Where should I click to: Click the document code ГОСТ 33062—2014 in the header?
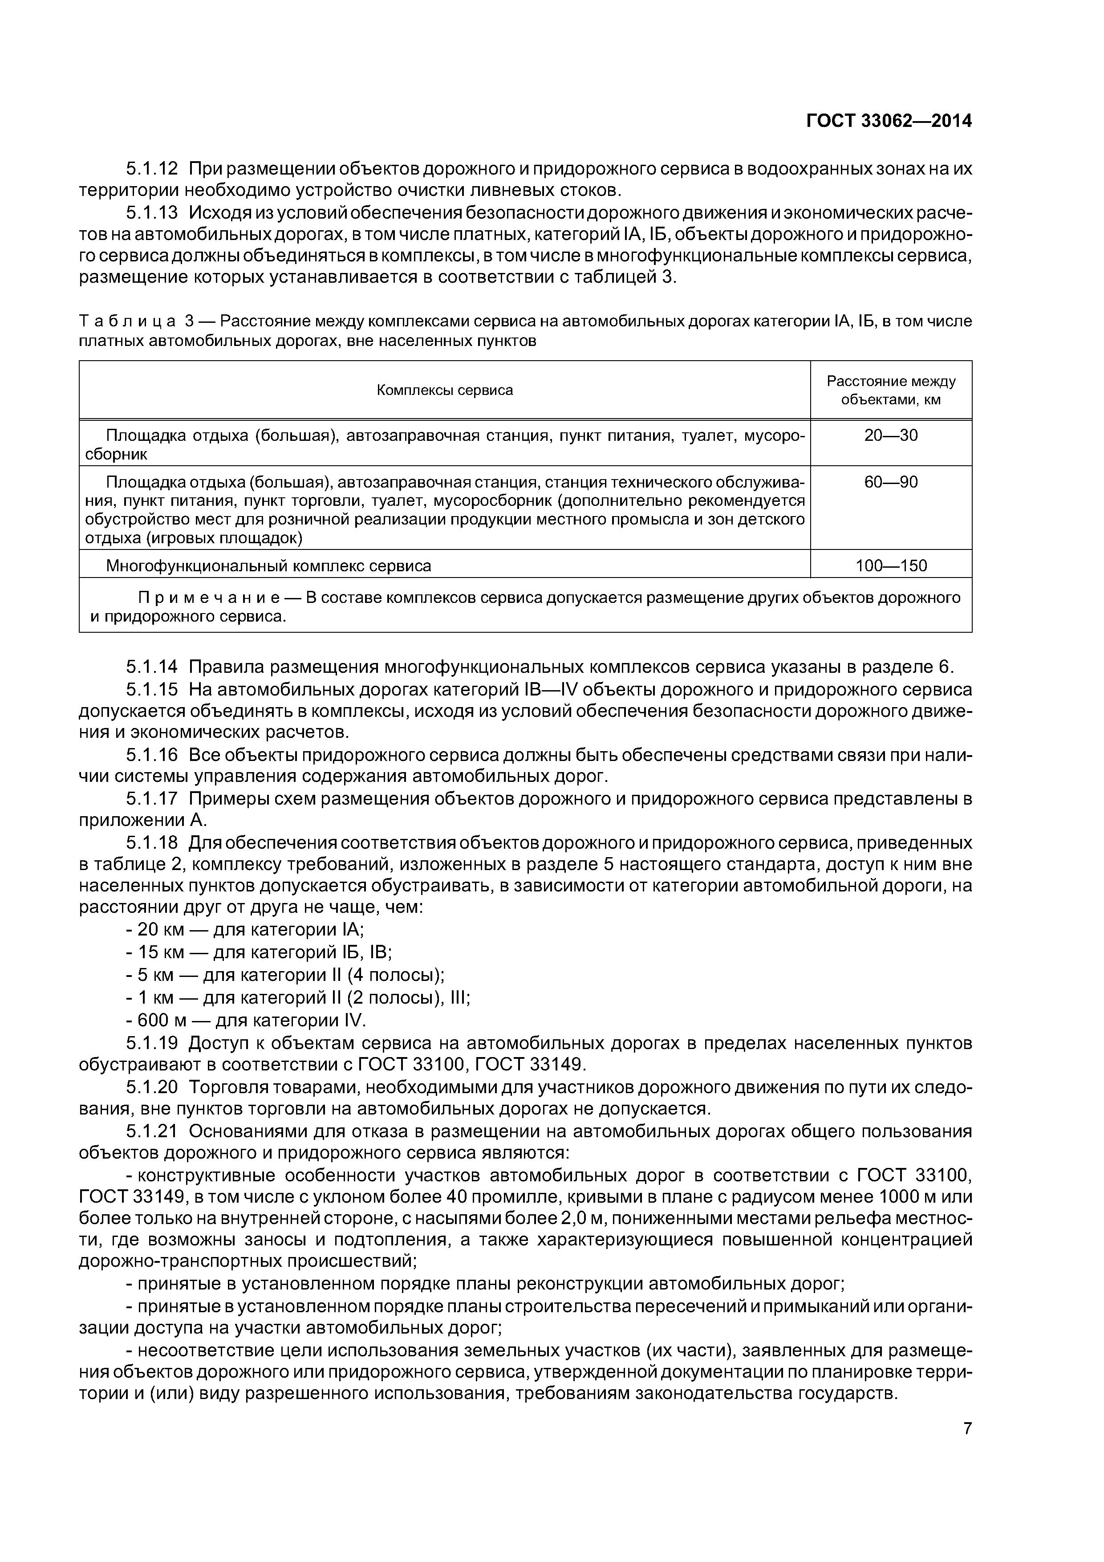click(x=889, y=121)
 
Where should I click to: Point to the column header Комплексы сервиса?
click(x=445, y=390)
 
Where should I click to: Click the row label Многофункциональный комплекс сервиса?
click(x=269, y=566)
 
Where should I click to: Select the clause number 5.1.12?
click(x=152, y=169)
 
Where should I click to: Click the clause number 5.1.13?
click(x=152, y=213)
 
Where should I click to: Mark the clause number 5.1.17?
click(x=152, y=799)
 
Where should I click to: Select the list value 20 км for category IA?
click(x=161, y=930)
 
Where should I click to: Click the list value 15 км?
click(x=161, y=952)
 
